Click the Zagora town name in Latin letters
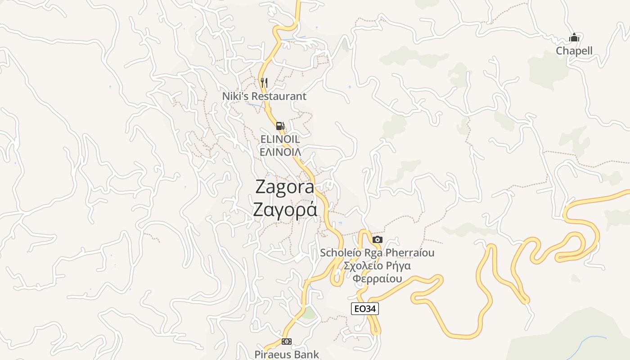(x=285, y=187)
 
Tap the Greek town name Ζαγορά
(x=285, y=210)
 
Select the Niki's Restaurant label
(x=264, y=96)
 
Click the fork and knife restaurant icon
(x=264, y=83)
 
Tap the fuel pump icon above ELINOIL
(x=280, y=126)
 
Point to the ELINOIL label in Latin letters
(x=280, y=139)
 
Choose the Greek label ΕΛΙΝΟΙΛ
(x=280, y=152)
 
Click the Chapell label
(x=574, y=51)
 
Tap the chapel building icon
(x=574, y=37)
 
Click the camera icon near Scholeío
(x=378, y=239)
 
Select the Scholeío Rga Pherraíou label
(x=377, y=253)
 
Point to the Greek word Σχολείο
(x=362, y=265)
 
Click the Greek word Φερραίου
(x=377, y=279)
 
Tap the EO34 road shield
(x=364, y=309)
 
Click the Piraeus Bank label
(x=287, y=355)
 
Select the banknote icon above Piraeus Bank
(x=287, y=342)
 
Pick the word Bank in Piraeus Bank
(x=307, y=355)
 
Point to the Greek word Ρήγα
(x=397, y=265)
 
